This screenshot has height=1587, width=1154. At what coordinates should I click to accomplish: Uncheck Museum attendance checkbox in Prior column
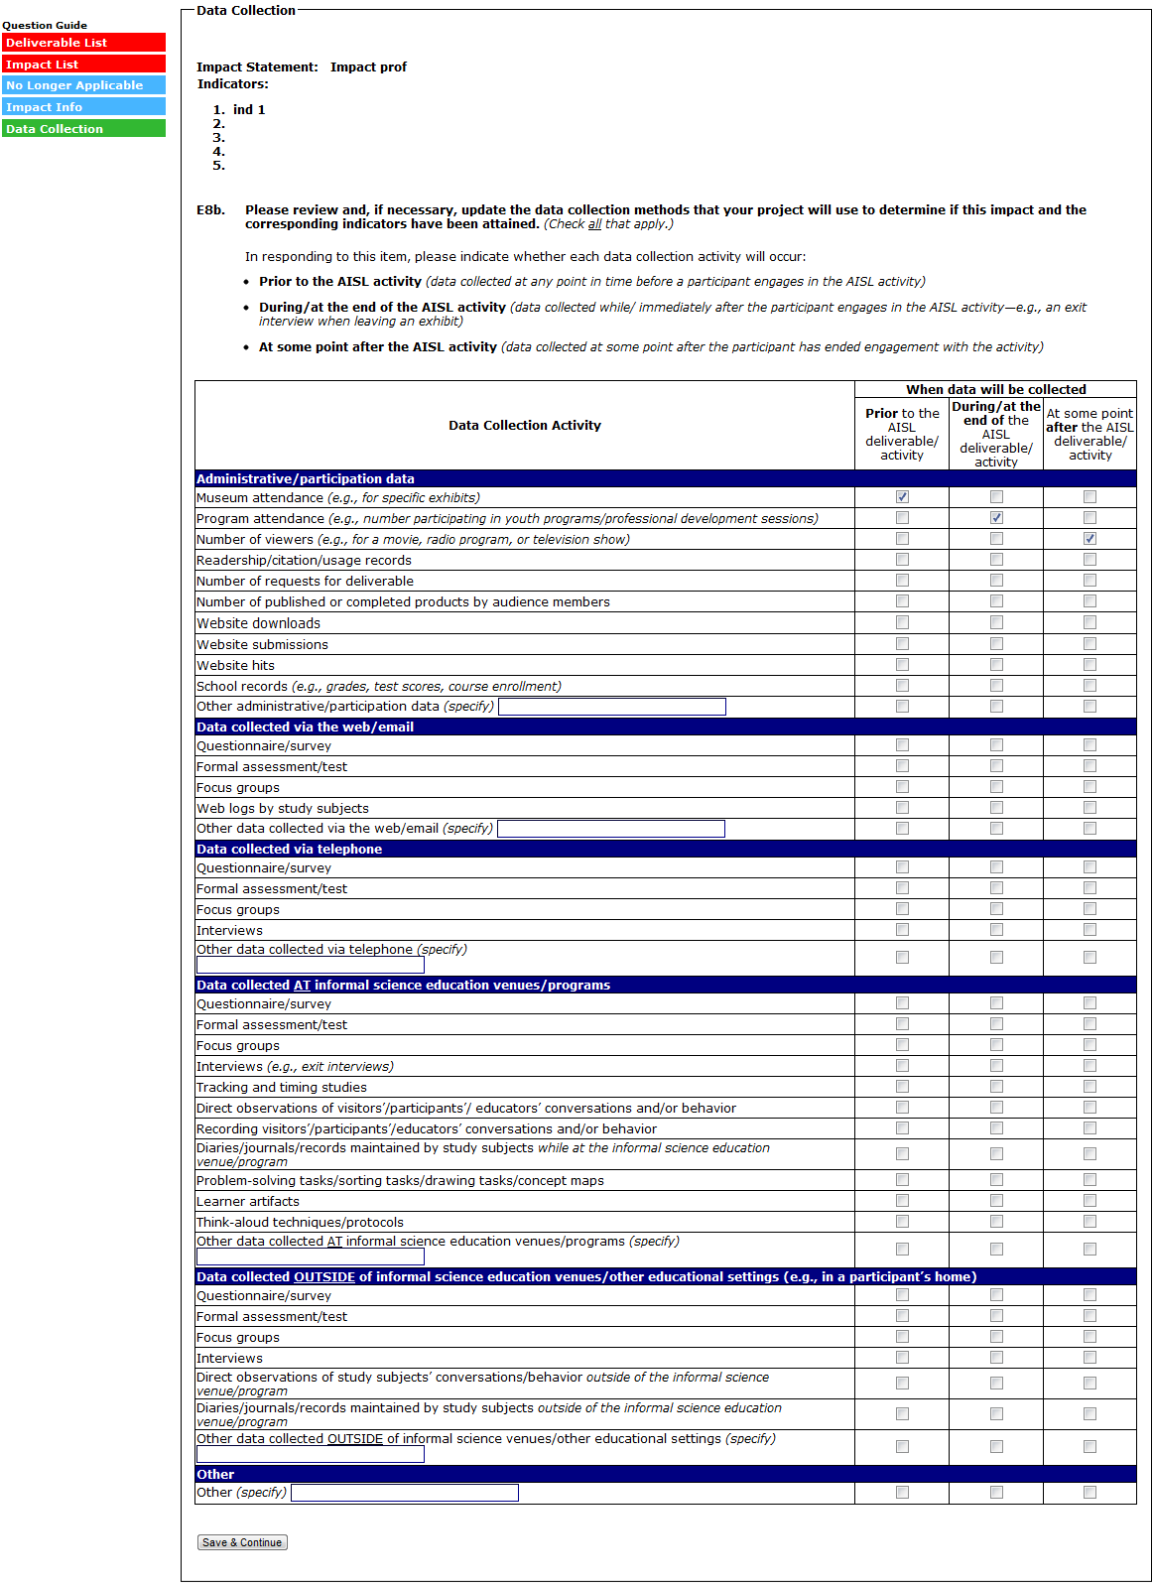pos(902,497)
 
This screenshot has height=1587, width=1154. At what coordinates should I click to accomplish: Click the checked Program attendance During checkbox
pos(996,518)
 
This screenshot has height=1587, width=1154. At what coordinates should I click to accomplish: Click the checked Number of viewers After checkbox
pos(1090,539)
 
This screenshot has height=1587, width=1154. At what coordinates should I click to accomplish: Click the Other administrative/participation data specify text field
pos(612,707)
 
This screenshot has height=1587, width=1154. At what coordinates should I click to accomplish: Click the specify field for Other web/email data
pos(611,829)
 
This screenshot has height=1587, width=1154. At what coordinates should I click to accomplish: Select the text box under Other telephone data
pos(311,965)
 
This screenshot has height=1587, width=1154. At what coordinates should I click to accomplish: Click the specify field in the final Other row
pos(405,1493)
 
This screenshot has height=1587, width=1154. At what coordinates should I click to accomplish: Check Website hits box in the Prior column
pos(902,665)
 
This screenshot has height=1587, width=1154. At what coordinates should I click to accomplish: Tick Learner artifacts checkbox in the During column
pos(996,1201)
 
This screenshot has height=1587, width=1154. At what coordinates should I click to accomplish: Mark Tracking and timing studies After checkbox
pos(1090,1087)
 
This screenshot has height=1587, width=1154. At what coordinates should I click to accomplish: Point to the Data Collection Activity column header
pos(525,426)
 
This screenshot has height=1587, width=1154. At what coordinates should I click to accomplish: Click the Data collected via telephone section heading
pos(290,850)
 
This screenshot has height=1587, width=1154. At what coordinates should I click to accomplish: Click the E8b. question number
pos(210,210)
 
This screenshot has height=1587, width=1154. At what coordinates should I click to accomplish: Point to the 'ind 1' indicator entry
pos(249,110)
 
